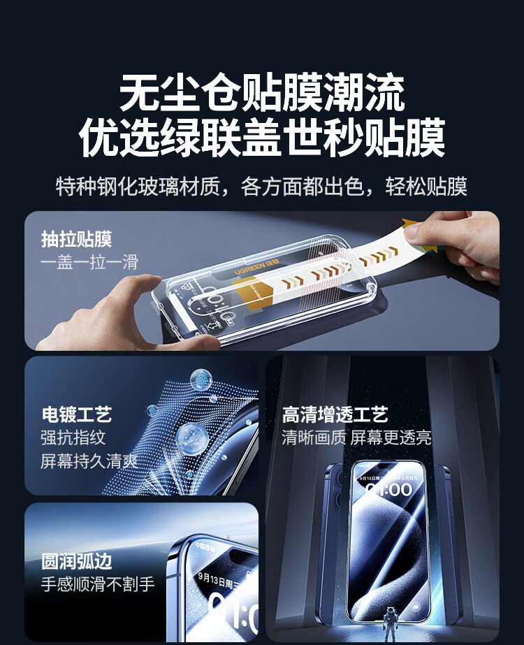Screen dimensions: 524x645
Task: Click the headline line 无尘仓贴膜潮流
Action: (x=262, y=93)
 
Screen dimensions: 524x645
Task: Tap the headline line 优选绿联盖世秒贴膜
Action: (x=262, y=138)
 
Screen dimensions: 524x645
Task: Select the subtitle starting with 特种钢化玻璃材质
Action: (x=261, y=187)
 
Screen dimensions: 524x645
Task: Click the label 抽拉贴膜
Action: (x=76, y=240)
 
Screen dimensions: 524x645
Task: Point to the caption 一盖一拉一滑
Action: (x=89, y=262)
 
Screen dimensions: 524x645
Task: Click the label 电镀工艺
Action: (x=76, y=414)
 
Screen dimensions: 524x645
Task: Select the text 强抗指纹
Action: (x=73, y=437)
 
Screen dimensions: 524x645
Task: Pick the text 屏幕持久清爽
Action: (x=89, y=461)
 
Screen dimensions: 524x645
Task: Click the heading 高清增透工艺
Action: (x=335, y=415)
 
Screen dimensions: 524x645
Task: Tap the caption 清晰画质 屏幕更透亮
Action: (x=356, y=437)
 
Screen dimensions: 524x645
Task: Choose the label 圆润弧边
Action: (x=76, y=561)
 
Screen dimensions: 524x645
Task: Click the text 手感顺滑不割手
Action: (x=98, y=584)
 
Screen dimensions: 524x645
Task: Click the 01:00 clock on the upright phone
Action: (x=389, y=489)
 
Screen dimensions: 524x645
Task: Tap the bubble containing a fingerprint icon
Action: (x=201, y=380)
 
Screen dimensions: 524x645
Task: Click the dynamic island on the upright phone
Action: (x=389, y=467)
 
